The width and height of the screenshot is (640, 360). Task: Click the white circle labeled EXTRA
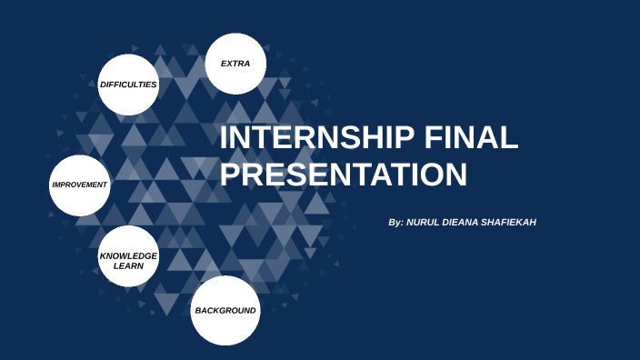236,64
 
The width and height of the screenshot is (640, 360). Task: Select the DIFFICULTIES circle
128,85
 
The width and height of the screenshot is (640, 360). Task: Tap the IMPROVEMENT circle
80,185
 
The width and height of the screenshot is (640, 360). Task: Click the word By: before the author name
395,222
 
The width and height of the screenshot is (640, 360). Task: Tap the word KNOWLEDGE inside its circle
128,256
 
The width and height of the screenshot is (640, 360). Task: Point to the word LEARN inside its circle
128,266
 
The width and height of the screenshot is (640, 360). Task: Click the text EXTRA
235,64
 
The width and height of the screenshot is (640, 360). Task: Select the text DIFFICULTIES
128,85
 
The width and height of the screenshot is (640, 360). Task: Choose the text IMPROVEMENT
80,185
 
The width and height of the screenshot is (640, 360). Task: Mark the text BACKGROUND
225,311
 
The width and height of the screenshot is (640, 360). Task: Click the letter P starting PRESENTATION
231,173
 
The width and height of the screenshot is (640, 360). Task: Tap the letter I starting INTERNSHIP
225,138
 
